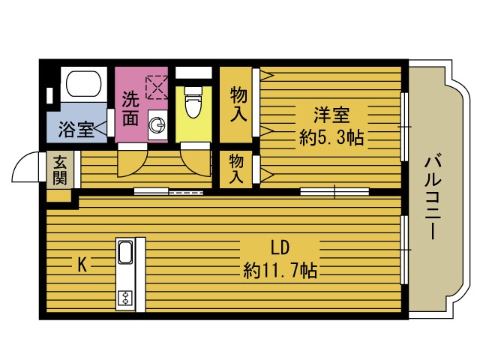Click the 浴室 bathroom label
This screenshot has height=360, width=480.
[76, 128]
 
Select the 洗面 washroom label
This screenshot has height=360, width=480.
[130, 108]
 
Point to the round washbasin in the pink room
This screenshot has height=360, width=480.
[157, 126]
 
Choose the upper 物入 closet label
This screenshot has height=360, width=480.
[238, 105]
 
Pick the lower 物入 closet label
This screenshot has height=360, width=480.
[236, 169]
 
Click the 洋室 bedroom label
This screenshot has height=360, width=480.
[331, 116]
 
